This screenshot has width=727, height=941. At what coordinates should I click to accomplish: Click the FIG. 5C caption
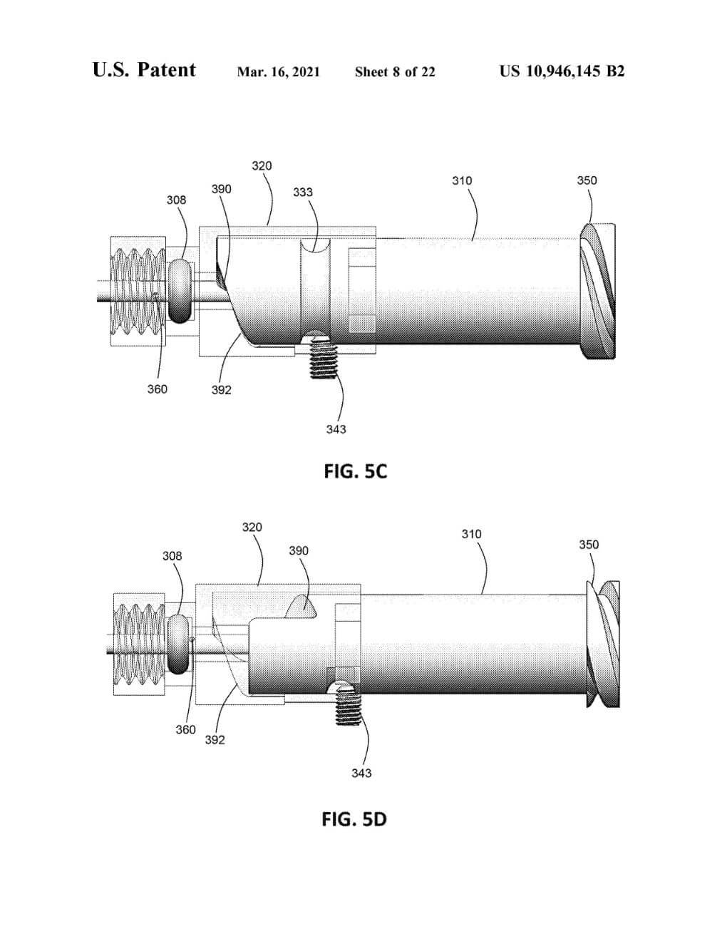pos(356,471)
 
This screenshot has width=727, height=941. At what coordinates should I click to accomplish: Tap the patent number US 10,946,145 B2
pos(562,71)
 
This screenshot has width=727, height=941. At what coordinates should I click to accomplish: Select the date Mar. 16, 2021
pos(279,72)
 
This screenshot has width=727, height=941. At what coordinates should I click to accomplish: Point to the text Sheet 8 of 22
pos(395,72)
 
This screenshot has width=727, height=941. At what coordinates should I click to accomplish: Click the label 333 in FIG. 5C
pos(303,192)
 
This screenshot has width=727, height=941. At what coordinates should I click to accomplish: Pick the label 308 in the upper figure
pos(176,200)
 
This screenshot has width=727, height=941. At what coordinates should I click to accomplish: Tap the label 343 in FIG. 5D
pos(361,773)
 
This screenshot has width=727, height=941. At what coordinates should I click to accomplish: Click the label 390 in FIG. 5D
pos(299,550)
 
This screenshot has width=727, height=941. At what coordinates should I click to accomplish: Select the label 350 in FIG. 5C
pos(587,180)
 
